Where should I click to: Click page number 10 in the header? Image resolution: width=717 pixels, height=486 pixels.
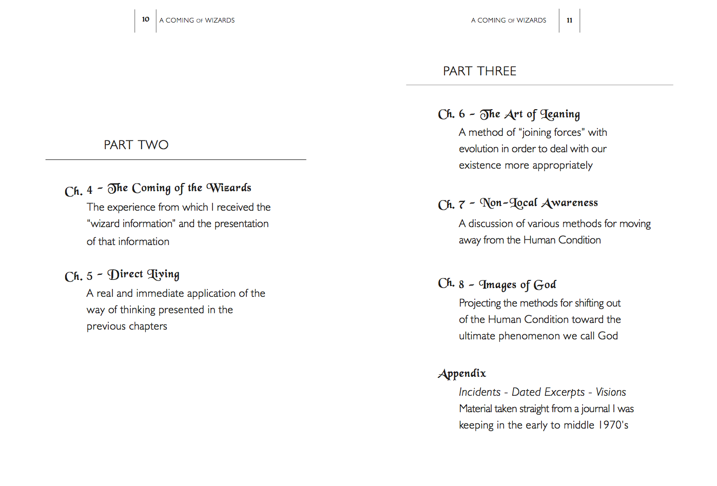(x=145, y=19)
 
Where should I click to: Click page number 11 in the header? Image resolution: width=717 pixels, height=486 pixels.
(x=569, y=21)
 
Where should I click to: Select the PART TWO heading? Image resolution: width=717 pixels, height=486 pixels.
(x=136, y=145)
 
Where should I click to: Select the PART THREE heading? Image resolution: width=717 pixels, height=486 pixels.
(x=479, y=71)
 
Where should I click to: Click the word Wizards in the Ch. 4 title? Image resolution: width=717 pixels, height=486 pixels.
(x=229, y=188)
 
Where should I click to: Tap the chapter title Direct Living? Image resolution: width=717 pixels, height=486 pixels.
(x=143, y=275)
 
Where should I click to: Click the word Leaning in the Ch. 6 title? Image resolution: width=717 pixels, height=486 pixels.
(x=560, y=114)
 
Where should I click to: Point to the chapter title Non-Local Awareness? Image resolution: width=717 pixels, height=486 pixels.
(x=538, y=204)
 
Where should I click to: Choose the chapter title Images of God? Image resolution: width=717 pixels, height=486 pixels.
(x=517, y=285)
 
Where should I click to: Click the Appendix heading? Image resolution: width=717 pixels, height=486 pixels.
(x=462, y=374)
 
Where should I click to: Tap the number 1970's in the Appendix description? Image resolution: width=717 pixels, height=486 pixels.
(x=613, y=425)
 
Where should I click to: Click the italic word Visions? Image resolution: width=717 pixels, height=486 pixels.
(x=611, y=392)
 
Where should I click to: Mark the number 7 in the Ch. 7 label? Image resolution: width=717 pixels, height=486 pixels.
(x=461, y=205)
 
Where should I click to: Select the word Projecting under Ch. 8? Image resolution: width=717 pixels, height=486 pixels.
(x=480, y=303)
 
